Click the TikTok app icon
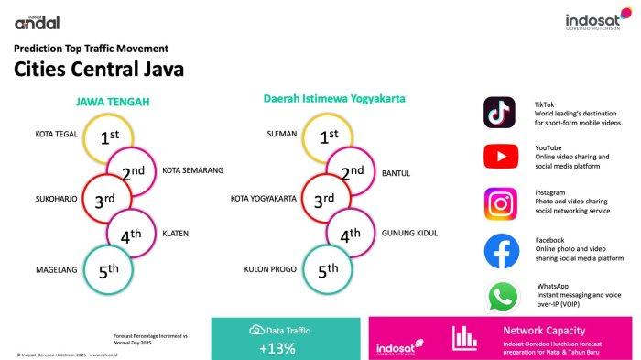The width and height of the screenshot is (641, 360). (500, 113)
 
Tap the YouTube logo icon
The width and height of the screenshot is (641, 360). (500, 157)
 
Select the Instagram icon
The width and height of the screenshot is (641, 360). (500, 202)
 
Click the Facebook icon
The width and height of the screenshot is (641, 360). (500, 251)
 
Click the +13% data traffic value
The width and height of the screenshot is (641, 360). (276, 347)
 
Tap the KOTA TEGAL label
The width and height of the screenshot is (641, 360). (57, 134)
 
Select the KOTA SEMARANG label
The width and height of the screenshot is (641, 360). (192, 169)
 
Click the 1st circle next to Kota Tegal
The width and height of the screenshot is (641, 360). (109, 137)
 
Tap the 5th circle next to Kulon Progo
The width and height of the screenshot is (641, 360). (328, 270)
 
